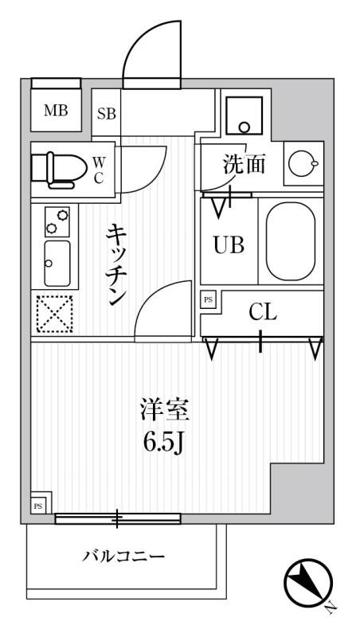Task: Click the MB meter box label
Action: (x=55, y=111)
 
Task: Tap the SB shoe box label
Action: (x=107, y=113)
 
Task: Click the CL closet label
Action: (x=263, y=312)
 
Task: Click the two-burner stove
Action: (x=57, y=221)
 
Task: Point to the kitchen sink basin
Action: (x=57, y=263)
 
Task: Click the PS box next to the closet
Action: (x=209, y=299)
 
